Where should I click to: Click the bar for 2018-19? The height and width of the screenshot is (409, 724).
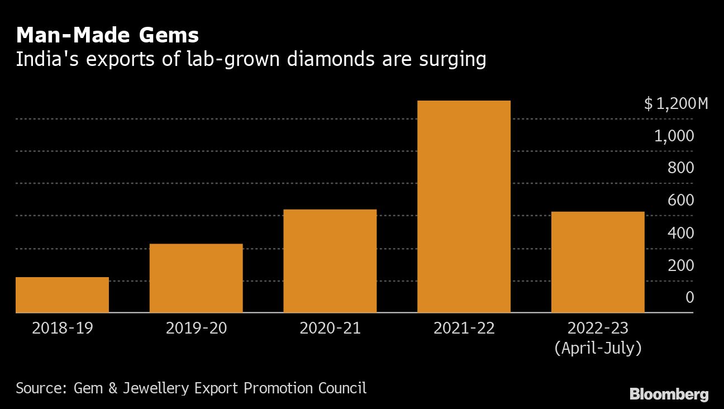62,294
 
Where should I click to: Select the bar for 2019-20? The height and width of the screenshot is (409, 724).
196,278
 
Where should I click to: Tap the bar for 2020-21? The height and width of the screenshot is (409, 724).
330,260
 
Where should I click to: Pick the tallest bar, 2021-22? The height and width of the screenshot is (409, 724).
464,206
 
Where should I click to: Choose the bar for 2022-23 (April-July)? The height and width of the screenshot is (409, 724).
598,261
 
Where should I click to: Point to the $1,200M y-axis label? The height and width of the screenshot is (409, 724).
675,103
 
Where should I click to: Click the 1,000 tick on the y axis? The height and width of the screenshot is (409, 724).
674,136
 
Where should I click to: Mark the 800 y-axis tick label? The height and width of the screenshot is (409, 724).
680,168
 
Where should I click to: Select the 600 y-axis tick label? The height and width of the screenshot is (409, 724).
680,201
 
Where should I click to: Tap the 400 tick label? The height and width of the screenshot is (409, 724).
680,233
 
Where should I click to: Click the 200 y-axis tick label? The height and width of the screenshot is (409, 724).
680,265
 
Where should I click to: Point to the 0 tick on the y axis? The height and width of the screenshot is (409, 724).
690,297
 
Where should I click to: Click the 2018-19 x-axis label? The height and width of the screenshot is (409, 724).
62,328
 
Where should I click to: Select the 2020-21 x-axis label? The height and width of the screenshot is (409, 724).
330,328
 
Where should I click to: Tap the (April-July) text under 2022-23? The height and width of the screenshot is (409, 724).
598,349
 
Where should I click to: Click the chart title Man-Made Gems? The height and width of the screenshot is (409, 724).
107,36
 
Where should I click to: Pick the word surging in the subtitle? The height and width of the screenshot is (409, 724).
452,59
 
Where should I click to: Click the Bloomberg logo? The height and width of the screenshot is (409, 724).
669,394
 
